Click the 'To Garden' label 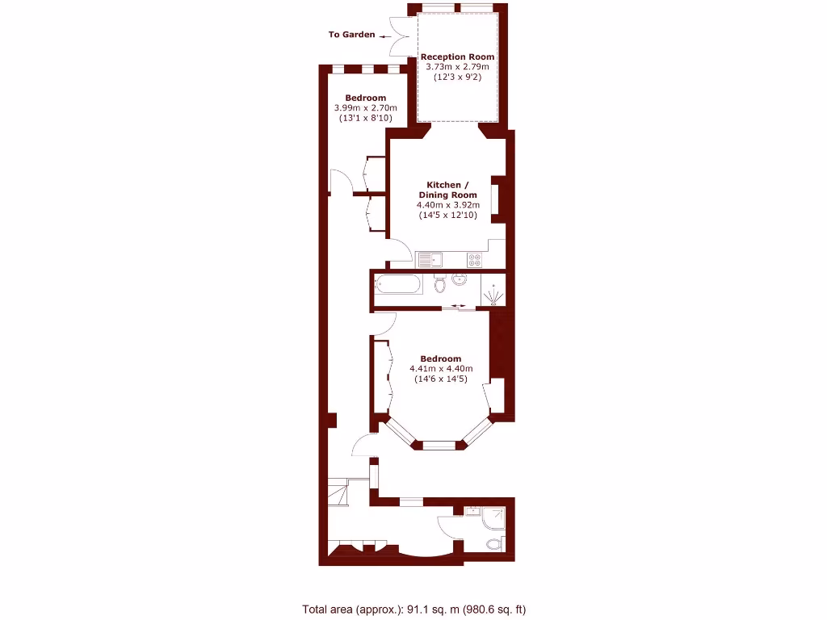(351, 35)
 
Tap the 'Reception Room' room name (458, 57)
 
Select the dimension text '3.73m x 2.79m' (458, 67)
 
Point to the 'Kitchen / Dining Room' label (447, 190)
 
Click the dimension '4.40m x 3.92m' (447, 205)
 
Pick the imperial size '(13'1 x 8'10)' (365, 118)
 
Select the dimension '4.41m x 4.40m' (441, 369)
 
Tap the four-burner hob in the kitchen (475, 259)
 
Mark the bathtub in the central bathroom (398, 285)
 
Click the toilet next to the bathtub (439, 285)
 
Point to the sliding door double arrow (458, 305)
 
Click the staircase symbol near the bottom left (338, 491)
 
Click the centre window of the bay (439, 445)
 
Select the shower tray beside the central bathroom (493, 291)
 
